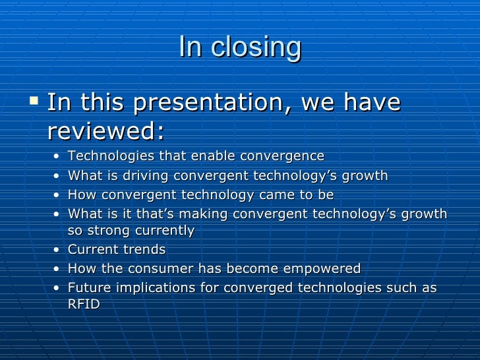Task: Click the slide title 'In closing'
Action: click(239, 47)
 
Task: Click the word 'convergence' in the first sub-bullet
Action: click(282, 156)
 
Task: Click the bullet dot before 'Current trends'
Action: click(56, 251)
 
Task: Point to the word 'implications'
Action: click(156, 288)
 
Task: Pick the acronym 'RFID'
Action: click(84, 305)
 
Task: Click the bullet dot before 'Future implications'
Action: click(56, 289)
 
